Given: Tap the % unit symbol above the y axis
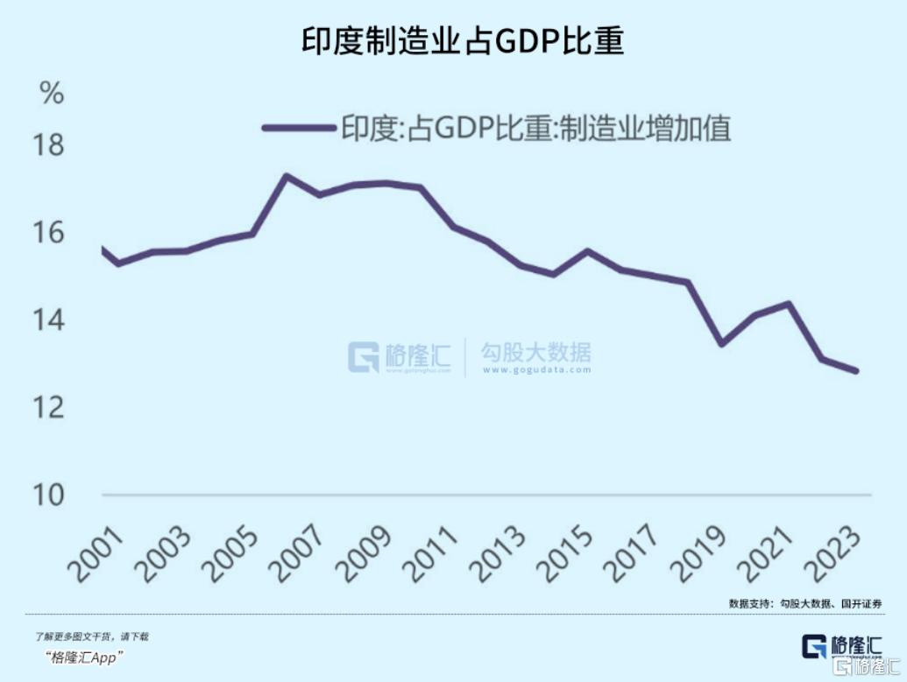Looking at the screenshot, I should pyautogui.click(x=53, y=93).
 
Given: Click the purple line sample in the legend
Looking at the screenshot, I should pyautogui.click(x=300, y=128).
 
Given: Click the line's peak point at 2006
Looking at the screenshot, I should pyautogui.click(x=286, y=176).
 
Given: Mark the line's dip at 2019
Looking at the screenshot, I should pyautogui.click(x=720, y=344).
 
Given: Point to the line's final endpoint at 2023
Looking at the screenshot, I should pyautogui.click(x=856, y=371).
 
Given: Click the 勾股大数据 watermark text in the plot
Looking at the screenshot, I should pyautogui.click(x=535, y=353).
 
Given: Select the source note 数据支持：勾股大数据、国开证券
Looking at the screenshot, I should pyautogui.click(x=804, y=603).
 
